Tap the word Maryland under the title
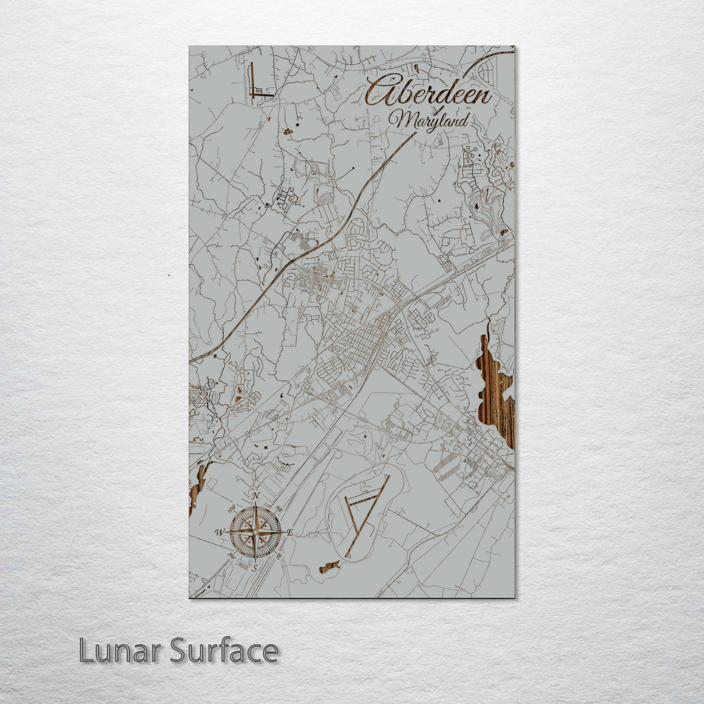pos(429,121)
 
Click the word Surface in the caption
pos(224,651)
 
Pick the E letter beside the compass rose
pos(289,533)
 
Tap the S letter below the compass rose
pos(255,567)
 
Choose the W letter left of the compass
pos(220,532)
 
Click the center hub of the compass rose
pos(255,532)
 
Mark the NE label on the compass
pos(279,508)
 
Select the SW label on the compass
pos(231,556)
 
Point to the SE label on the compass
pos(279,556)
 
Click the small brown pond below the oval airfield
pos(329,566)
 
